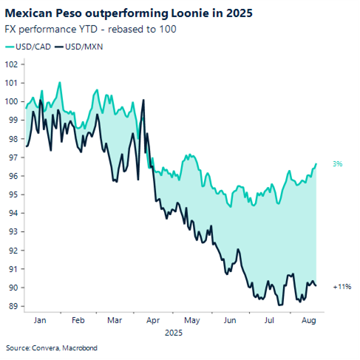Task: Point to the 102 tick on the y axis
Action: click(12, 64)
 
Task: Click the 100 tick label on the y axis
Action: click(12, 101)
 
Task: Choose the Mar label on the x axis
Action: click(115, 322)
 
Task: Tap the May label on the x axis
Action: click(191, 322)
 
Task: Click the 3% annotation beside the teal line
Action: click(337, 164)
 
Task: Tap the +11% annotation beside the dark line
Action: click(341, 285)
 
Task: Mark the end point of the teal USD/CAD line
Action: click(316, 164)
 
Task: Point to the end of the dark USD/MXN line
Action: click(316, 285)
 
